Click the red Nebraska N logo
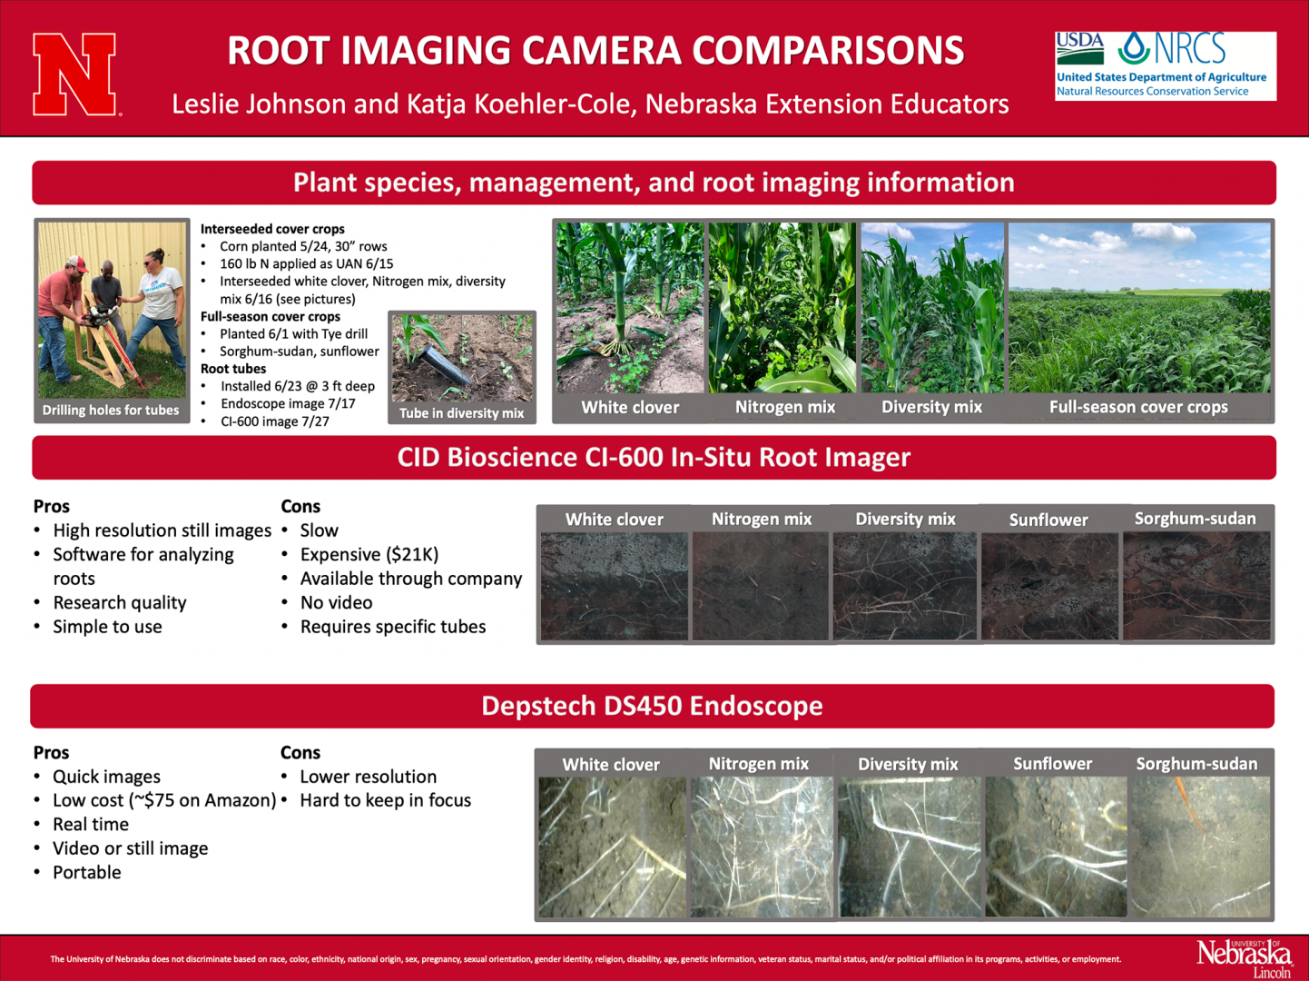click(x=74, y=74)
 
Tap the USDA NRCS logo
click(x=1165, y=65)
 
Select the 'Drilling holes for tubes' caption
click(x=111, y=410)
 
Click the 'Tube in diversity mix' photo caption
click(x=462, y=413)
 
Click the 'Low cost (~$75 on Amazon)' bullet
click(x=163, y=800)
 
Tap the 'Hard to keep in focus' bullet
click(x=385, y=800)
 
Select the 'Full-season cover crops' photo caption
click(x=1138, y=407)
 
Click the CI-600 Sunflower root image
click(x=1049, y=586)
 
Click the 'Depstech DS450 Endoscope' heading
click(x=652, y=706)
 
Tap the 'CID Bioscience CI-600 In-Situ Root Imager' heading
click(x=654, y=457)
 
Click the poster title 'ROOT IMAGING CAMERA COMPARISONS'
click(x=595, y=51)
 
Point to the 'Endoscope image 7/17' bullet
click(x=288, y=403)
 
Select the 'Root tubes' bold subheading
click(x=233, y=369)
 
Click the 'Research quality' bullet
click(x=119, y=602)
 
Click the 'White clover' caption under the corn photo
click(x=630, y=407)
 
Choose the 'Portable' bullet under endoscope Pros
click(x=86, y=872)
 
